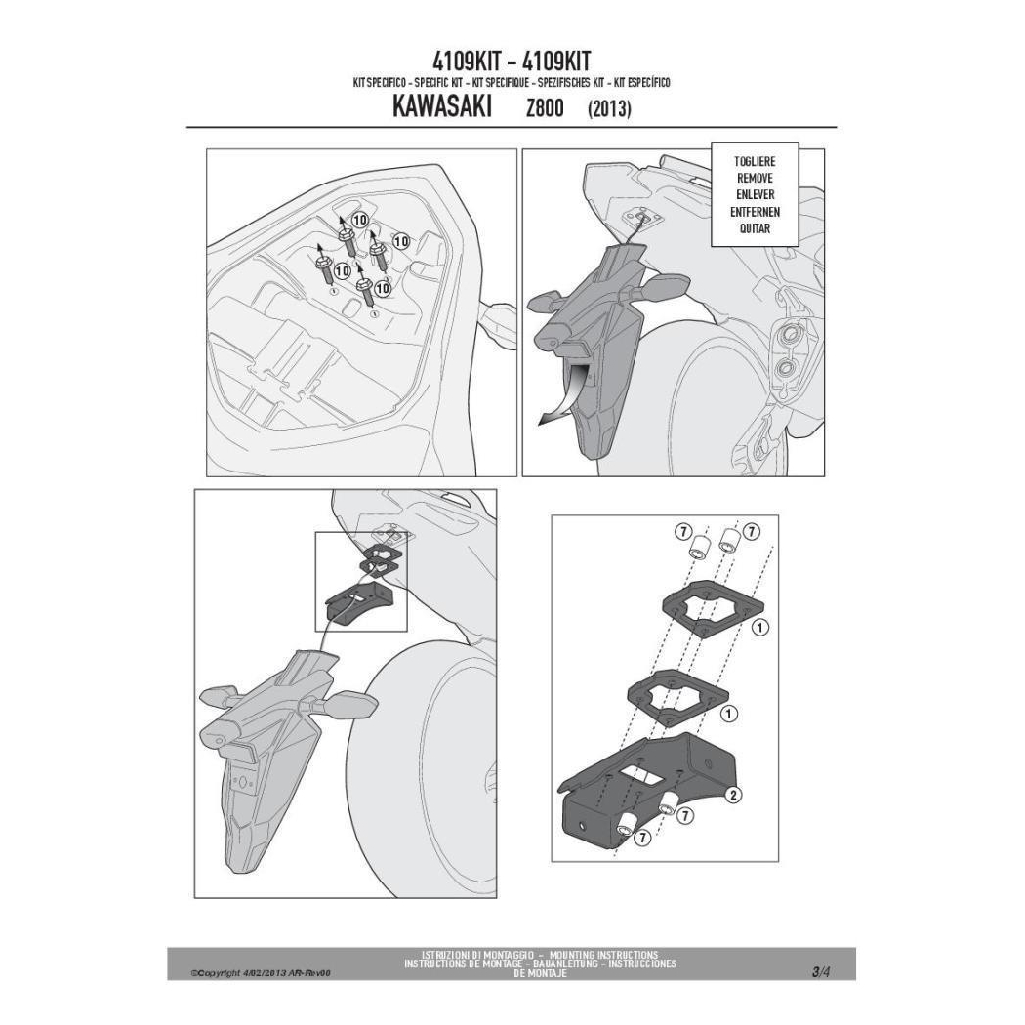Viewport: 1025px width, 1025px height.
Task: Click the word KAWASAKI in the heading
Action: (x=442, y=107)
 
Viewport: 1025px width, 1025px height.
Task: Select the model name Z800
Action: (x=545, y=107)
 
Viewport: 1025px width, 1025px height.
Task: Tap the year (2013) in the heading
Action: (x=609, y=108)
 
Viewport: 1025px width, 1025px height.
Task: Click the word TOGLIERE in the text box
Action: (x=755, y=161)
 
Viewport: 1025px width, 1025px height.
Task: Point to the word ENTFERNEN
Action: (x=755, y=212)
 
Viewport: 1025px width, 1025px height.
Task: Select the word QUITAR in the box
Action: (x=755, y=228)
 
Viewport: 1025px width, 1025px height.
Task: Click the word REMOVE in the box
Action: (x=755, y=178)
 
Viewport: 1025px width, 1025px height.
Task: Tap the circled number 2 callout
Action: (x=733, y=795)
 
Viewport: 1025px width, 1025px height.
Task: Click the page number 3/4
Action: (x=820, y=971)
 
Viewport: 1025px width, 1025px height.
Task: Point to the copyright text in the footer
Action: (x=261, y=973)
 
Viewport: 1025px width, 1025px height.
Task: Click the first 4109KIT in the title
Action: (x=467, y=61)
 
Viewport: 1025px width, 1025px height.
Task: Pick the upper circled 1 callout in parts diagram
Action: (x=760, y=628)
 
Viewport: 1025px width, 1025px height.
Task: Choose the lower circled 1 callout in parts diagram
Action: (x=727, y=714)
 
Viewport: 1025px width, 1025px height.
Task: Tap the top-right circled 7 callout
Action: (x=752, y=531)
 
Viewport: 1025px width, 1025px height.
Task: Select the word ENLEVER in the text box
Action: (x=755, y=195)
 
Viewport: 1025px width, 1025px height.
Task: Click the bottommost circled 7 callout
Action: (x=642, y=837)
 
